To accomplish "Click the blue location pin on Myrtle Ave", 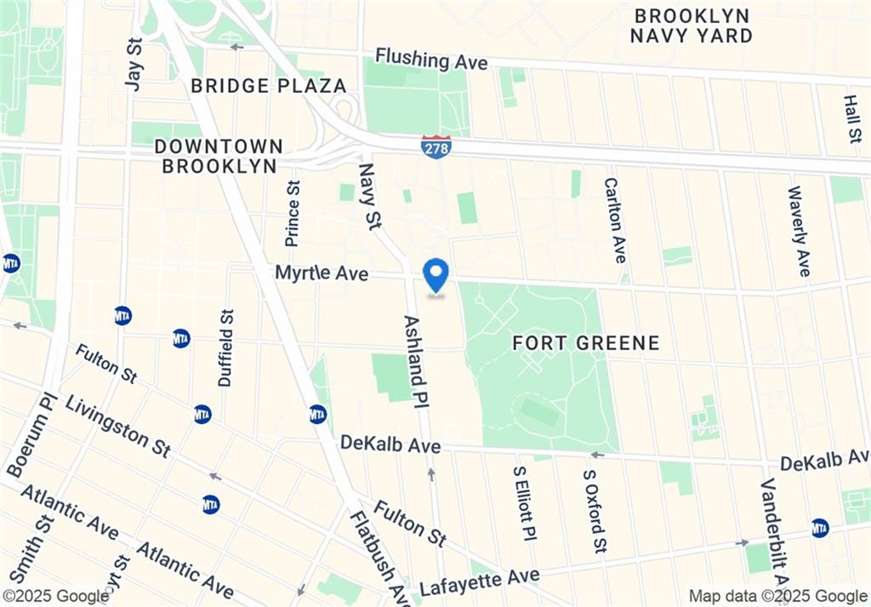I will (x=436, y=275).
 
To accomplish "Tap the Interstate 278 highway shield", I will (x=435, y=146).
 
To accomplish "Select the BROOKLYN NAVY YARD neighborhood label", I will (x=691, y=26).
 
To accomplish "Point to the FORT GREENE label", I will (x=586, y=343).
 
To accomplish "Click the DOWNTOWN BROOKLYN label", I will (x=219, y=157).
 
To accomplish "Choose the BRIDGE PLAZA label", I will (x=268, y=86).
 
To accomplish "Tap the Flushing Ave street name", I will (x=431, y=60).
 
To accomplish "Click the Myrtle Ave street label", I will (x=322, y=274).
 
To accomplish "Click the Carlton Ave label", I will (x=615, y=220).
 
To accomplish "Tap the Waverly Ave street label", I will (x=799, y=231).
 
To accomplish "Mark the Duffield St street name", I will (x=225, y=347).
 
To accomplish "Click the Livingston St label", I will (x=117, y=425).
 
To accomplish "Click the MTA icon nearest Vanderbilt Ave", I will (x=820, y=528).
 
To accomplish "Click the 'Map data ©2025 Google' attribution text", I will (x=777, y=596).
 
